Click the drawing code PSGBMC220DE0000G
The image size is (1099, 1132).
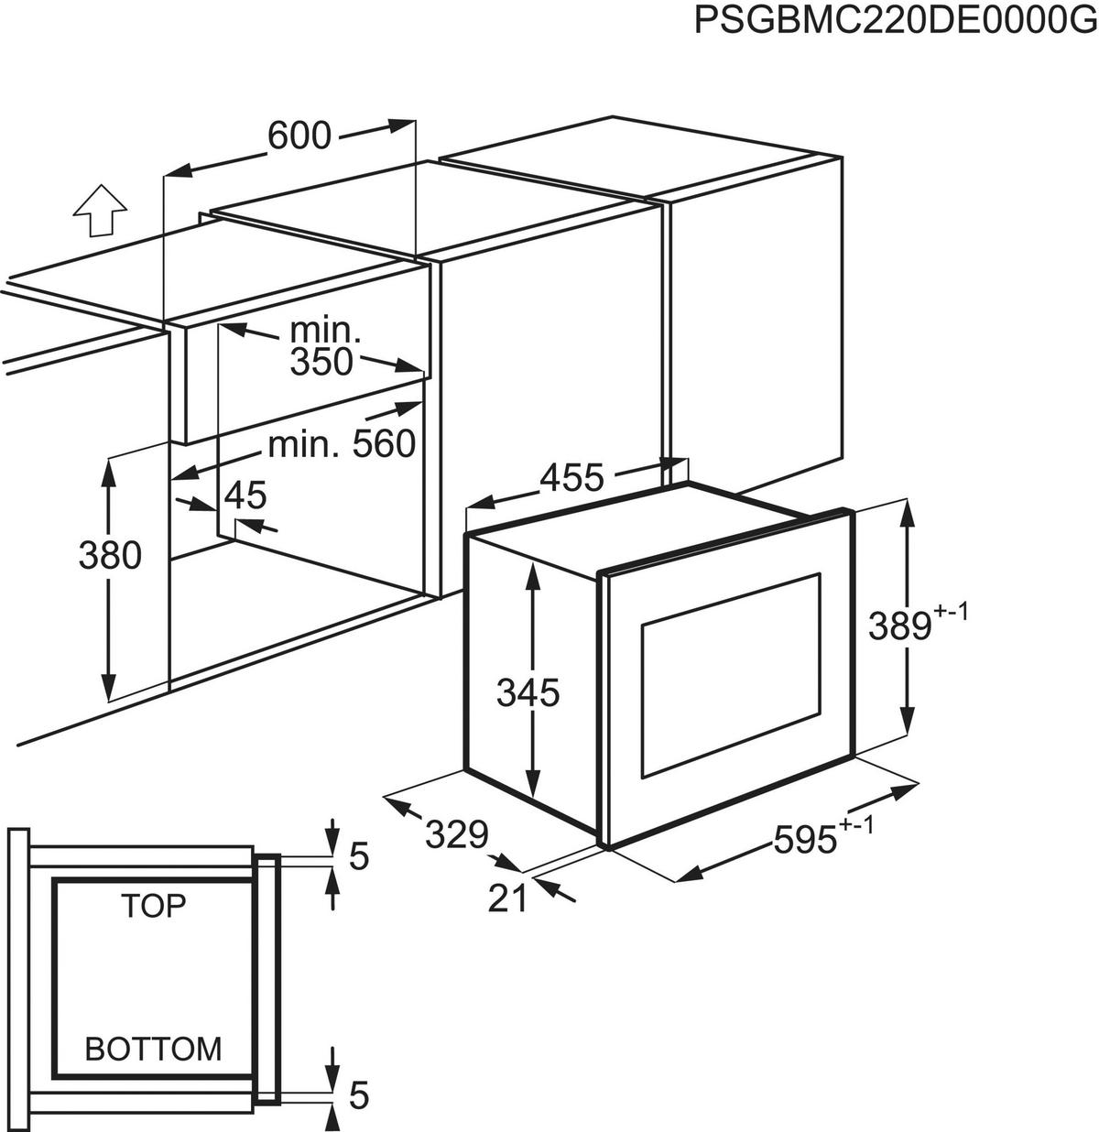pyautogui.click(x=895, y=19)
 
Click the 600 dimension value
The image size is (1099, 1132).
pyautogui.click(x=299, y=136)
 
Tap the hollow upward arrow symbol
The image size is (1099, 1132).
pyautogui.click(x=99, y=212)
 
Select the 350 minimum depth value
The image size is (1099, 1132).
pyautogui.click(x=321, y=363)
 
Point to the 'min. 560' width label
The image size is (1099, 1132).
pyautogui.click(x=343, y=445)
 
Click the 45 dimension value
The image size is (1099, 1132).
pyautogui.click(x=245, y=495)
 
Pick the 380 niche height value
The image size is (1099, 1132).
pyautogui.click(x=110, y=555)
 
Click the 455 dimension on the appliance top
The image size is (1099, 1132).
pyautogui.click(x=571, y=477)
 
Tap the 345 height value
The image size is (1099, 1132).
pyautogui.click(x=528, y=693)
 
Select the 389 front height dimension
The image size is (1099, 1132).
pyautogui.click(x=899, y=626)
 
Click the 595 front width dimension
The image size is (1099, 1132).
pyautogui.click(x=806, y=840)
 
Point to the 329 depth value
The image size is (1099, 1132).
pyautogui.click(x=455, y=834)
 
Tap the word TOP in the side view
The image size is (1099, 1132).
pyautogui.click(x=154, y=906)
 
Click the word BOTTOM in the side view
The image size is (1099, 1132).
pyautogui.click(x=154, y=1048)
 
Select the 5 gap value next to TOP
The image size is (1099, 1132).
pyautogui.click(x=359, y=857)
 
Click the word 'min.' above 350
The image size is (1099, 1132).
pyautogui.click(x=321, y=330)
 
